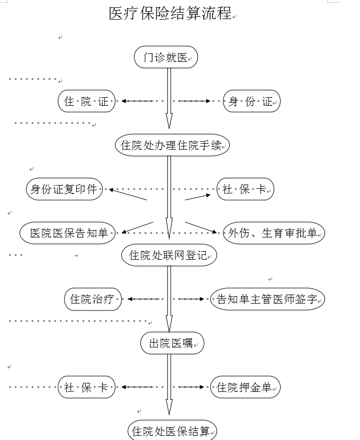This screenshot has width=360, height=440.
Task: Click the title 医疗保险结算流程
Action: (x=170, y=14)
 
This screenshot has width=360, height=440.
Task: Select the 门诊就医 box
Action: (x=166, y=58)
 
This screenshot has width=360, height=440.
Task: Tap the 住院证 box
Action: (x=86, y=102)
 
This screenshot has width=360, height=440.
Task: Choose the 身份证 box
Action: (x=251, y=102)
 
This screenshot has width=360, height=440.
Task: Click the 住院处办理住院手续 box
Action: (x=172, y=145)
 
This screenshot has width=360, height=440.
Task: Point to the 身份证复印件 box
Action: (x=64, y=189)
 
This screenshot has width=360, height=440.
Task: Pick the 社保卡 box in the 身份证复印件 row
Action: (x=245, y=189)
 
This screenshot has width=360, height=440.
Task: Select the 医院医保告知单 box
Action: (x=68, y=233)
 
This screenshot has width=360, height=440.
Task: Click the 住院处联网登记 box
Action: (x=169, y=256)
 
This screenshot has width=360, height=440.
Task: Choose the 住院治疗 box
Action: (x=93, y=299)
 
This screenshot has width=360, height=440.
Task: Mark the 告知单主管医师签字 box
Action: (x=267, y=299)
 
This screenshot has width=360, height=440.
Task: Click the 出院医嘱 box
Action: (x=172, y=344)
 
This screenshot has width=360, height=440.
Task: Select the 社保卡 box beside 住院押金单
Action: (x=86, y=388)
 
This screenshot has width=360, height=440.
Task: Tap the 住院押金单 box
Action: (x=245, y=388)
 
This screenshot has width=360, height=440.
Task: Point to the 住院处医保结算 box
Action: (x=172, y=431)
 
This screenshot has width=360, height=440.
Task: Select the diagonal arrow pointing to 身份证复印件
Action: (x=127, y=194)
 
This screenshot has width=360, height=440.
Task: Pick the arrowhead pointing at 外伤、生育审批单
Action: (x=214, y=232)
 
